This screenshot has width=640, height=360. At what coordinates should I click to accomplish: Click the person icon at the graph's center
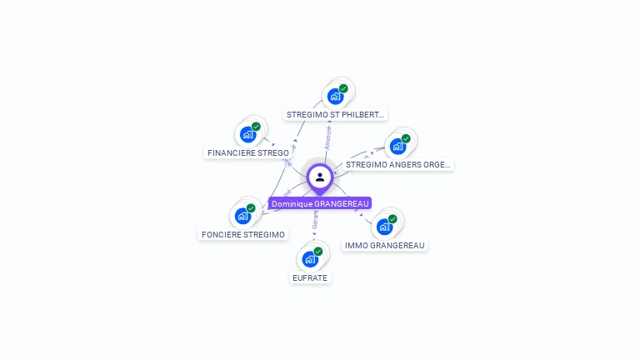click(x=320, y=177)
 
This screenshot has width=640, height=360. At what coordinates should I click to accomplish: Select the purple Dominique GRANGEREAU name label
click(x=320, y=203)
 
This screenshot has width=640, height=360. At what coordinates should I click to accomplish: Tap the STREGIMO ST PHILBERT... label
click(x=336, y=115)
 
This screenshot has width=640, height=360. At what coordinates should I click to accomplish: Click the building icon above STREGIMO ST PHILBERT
click(x=335, y=96)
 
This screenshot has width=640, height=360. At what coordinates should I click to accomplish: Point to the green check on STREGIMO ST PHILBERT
click(x=343, y=88)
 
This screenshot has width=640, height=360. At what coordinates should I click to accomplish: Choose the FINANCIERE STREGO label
click(x=248, y=152)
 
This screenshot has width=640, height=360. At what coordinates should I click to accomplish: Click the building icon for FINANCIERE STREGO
click(x=247, y=134)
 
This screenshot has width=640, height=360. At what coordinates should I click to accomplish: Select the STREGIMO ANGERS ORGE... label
click(x=399, y=164)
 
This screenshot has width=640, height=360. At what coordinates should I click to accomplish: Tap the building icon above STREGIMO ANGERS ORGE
click(x=397, y=146)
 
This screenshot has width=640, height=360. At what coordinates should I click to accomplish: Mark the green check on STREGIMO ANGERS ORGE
click(x=406, y=138)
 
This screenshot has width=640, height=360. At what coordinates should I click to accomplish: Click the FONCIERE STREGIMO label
click(x=243, y=234)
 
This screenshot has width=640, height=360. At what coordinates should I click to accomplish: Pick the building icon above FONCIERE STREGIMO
click(x=242, y=216)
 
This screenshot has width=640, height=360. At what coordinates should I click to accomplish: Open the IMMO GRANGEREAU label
click(x=385, y=245)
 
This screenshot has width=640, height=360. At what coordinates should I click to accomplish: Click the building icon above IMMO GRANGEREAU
click(x=384, y=226)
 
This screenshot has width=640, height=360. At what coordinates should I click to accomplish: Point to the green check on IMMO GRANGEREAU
click(x=392, y=219)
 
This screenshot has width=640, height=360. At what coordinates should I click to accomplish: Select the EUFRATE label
click(x=310, y=277)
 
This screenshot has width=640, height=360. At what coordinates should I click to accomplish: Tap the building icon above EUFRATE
click(x=310, y=258)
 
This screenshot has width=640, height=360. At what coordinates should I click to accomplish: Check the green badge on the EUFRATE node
click(x=317, y=251)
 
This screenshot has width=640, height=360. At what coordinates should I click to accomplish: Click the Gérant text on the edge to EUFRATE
click(x=315, y=220)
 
